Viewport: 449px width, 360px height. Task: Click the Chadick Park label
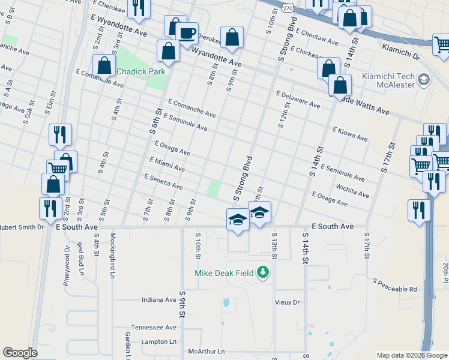140,71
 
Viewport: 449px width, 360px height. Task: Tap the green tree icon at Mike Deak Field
262,273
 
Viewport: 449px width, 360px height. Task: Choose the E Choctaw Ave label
317,38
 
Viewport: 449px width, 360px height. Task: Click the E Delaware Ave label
298,99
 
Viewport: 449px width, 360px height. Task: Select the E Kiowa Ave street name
350,133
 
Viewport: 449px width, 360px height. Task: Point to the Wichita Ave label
352,191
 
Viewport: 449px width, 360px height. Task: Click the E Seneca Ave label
163,182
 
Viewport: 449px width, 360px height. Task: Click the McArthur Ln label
206,351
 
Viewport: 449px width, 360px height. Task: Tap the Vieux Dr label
287,302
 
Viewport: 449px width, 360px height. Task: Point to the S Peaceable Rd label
394,284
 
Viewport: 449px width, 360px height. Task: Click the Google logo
20,353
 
